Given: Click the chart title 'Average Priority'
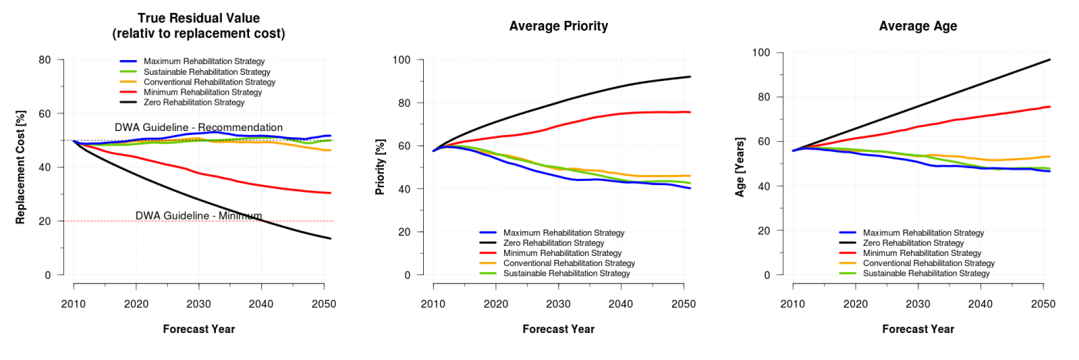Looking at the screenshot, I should pyautogui.click(x=558, y=26).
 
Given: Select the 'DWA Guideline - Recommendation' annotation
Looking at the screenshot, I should pyautogui.click(x=199, y=127).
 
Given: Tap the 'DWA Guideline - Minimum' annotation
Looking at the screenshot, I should pyautogui.click(x=199, y=216).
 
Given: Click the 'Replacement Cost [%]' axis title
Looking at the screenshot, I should pyautogui.click(x=21, y=167).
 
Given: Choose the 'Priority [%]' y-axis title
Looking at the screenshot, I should pyautogui.click(x=380, y=167).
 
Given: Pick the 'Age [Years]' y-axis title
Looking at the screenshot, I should pyautogui.click(x=740, y=167).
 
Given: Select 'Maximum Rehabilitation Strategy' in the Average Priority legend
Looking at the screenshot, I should pyautogui.click(x=563, y=233).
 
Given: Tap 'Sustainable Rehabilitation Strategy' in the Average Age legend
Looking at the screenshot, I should pyautogui.click(x=926, y=274).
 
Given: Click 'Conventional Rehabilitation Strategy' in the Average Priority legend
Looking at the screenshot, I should pyautogui.click(x=569, y=264).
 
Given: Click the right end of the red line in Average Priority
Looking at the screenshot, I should pyautogui.click(x=690, y=112).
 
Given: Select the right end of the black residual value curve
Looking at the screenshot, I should pyautogui.click(x=331, y=238).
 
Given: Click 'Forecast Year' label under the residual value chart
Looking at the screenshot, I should pyautogui.click(x=199, y=329).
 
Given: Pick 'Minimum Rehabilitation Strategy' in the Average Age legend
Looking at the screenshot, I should pyautogui.click(x=923, y=253).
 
